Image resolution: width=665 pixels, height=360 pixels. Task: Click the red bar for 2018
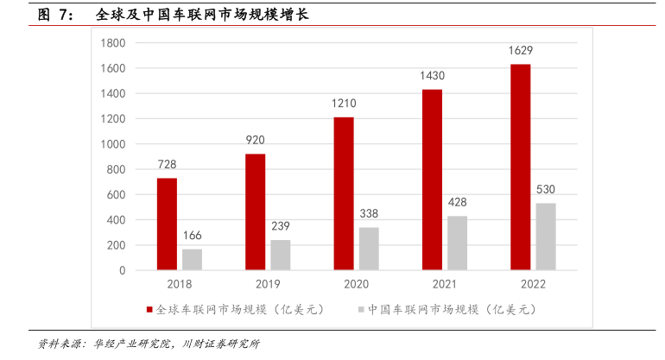[x=167, y=224]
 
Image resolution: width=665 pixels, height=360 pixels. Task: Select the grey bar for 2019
[x=280, y=255]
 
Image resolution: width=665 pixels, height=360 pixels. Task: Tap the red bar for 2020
[x=344, y=193]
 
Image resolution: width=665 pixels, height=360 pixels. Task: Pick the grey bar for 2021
[x=457, y=243]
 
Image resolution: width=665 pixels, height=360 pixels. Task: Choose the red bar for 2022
[x=521, y=167]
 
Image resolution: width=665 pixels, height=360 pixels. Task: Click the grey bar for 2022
[x=545, y=237]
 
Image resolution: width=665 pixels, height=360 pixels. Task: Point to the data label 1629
[x=521, y=51]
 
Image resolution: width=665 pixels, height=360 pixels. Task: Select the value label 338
[x=368, y=214]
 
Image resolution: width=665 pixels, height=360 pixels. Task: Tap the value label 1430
[x=432, y=76]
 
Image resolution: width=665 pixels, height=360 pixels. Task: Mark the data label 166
[x=192, y=236]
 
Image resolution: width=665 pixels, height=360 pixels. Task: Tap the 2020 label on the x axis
[x=356, y=282]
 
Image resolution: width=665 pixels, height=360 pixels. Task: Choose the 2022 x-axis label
[x=533, y=282]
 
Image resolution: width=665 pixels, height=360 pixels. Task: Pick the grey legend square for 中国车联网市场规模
[x=361, y=309]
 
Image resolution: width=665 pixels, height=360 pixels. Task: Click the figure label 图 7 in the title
[x=54, y=15]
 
